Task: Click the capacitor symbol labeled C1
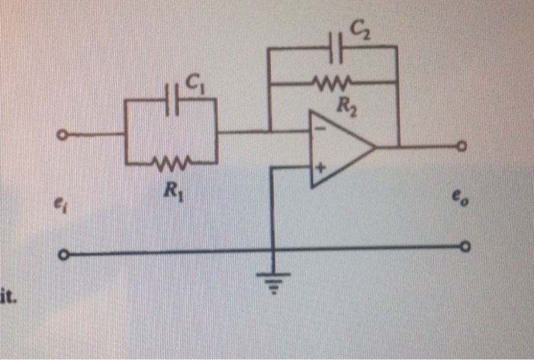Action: [173, 103]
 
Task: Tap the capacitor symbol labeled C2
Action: [335, 47]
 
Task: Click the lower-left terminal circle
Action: [63, 253]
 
